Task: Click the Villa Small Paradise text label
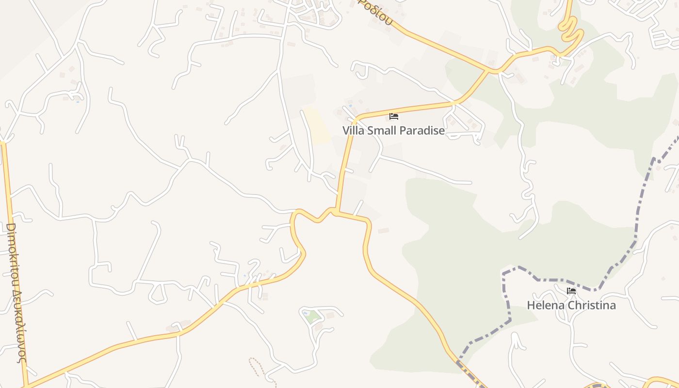click(x=393, y=130)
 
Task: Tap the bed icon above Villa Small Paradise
click(x=394, y=116)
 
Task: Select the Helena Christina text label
click(x=571, y=305)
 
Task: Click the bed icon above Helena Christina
click(x=571, y=291)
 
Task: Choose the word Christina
click(x=592, y=305)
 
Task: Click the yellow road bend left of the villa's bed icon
click(x=356, y=119)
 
